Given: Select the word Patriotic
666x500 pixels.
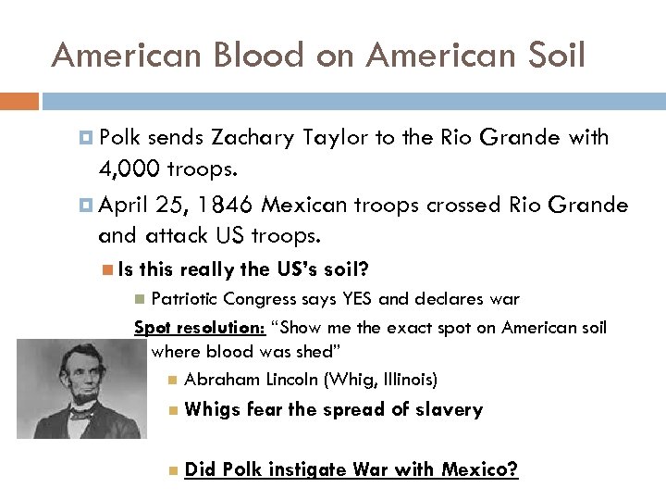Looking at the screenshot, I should point(190,299).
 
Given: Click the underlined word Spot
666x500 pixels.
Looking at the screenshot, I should point(152,328).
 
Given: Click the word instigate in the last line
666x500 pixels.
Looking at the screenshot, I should point(306,469).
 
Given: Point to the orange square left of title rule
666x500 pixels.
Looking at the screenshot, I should point(18,99).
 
